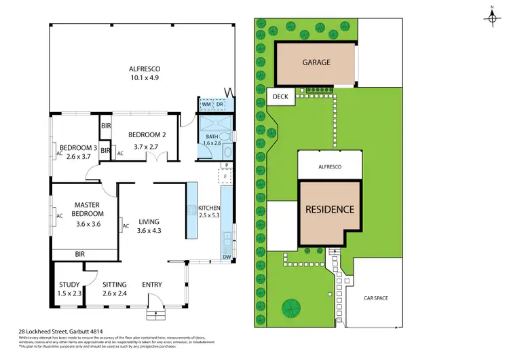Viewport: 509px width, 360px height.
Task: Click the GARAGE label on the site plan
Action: (x=316, y=62)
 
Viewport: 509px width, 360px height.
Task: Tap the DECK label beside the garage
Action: (x=280, y=97)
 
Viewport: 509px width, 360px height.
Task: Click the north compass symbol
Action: (x=492, y=18)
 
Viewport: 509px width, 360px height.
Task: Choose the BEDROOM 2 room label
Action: (x=143, y=134)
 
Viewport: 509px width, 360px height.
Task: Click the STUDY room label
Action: (x=69, y=285)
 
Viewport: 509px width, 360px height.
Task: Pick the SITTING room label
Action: (x=115, y=285)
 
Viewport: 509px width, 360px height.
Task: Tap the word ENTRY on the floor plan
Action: (x=153, y=285)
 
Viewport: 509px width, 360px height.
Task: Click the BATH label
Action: (x=212, y=136)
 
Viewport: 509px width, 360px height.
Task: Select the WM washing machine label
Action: (x=205, y=104)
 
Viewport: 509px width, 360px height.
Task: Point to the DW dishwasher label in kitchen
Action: (x=225, y=257)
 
